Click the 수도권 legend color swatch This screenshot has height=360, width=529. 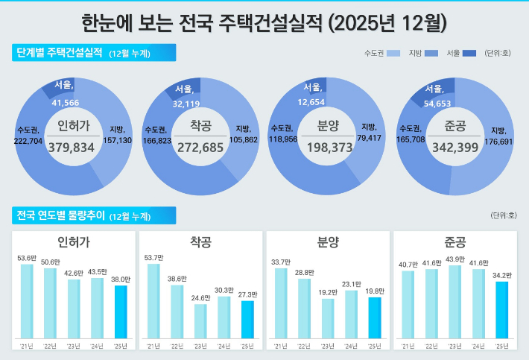(394, 53)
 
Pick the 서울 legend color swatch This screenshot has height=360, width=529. (469, 53)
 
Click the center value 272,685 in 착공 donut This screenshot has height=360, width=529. (200, 148)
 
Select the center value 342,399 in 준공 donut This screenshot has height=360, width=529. (455, 148)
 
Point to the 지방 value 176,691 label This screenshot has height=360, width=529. (498, 140)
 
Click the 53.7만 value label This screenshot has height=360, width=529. (153, 257)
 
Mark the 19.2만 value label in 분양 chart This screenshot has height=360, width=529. (329, 292)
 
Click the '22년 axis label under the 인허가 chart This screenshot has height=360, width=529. (51, 346)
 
